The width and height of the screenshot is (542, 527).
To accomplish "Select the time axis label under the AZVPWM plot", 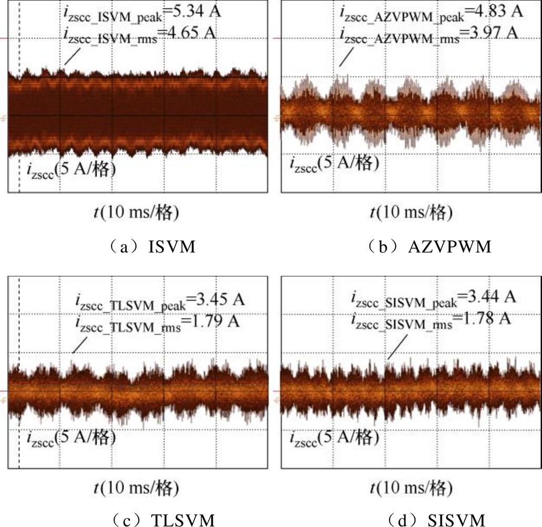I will click(411, 212).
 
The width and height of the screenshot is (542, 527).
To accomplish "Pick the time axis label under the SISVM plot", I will click(411, 488).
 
